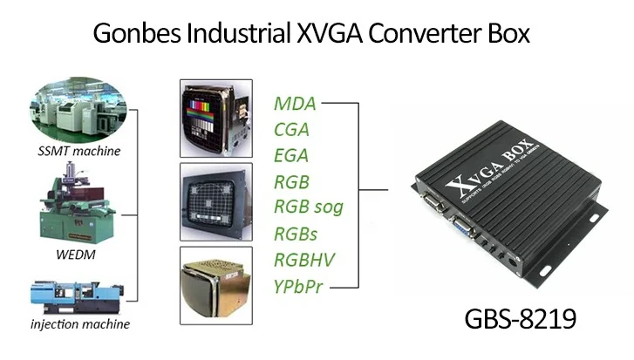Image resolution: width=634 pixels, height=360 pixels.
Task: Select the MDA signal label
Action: pos(295,105)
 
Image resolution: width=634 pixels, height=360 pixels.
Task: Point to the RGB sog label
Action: pos(309,207)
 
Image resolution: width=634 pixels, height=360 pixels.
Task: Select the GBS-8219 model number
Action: pos(520,317)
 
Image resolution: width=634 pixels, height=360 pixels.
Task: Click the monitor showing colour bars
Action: pos(215,119)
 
